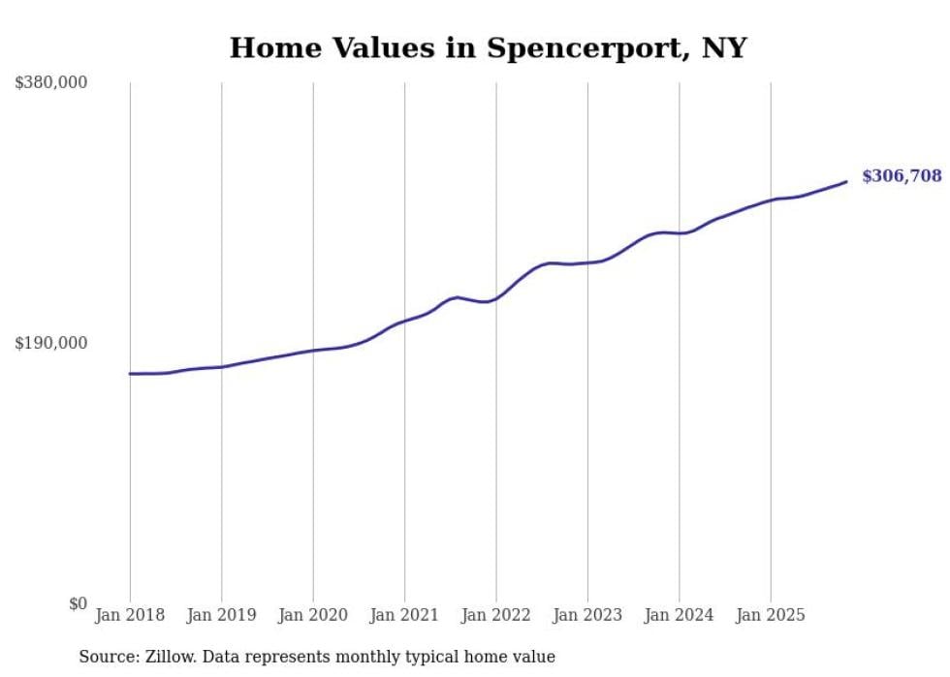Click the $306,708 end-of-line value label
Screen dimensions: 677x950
pos(901,176)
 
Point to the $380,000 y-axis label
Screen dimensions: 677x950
pos(51,82)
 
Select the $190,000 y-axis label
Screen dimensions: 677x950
pos(51,343)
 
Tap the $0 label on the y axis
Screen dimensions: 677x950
pos(78,603)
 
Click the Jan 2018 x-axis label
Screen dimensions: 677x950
pos(130,615)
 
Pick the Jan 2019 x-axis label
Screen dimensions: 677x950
pos(221,615)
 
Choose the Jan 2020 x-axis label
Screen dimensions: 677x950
pos(313,615)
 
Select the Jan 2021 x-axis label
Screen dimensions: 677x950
pos(404,615)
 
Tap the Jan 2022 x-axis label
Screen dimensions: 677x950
pos(496,615)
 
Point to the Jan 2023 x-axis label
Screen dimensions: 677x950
pos(587,615)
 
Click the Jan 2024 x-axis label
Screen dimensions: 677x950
pos(679,615)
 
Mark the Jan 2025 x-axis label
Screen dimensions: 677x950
pos(771,615)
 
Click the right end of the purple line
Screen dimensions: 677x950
pos(846,181)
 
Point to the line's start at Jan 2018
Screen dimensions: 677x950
pos(130,373)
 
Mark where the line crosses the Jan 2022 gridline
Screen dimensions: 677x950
pos(496,297)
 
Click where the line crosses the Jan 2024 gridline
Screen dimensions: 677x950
pos(679,233)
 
